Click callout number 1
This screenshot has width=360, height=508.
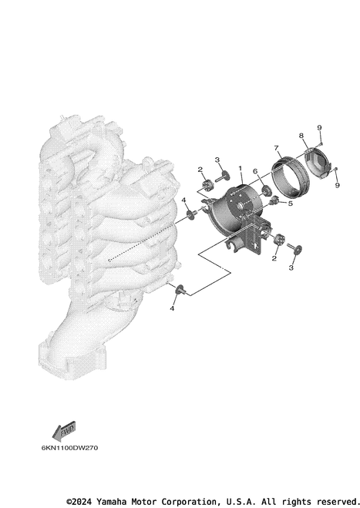[241, 168]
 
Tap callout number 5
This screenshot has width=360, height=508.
[290, 204]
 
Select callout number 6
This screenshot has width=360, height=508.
[255, 171]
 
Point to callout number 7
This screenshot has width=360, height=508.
[276, 148]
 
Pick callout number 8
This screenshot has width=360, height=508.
[301, 136]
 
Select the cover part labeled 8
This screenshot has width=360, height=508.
[318, 163]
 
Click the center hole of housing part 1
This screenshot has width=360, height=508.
[241, 206]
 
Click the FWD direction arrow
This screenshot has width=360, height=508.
[64, 431]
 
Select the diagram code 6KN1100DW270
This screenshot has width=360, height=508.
[69, 448]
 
